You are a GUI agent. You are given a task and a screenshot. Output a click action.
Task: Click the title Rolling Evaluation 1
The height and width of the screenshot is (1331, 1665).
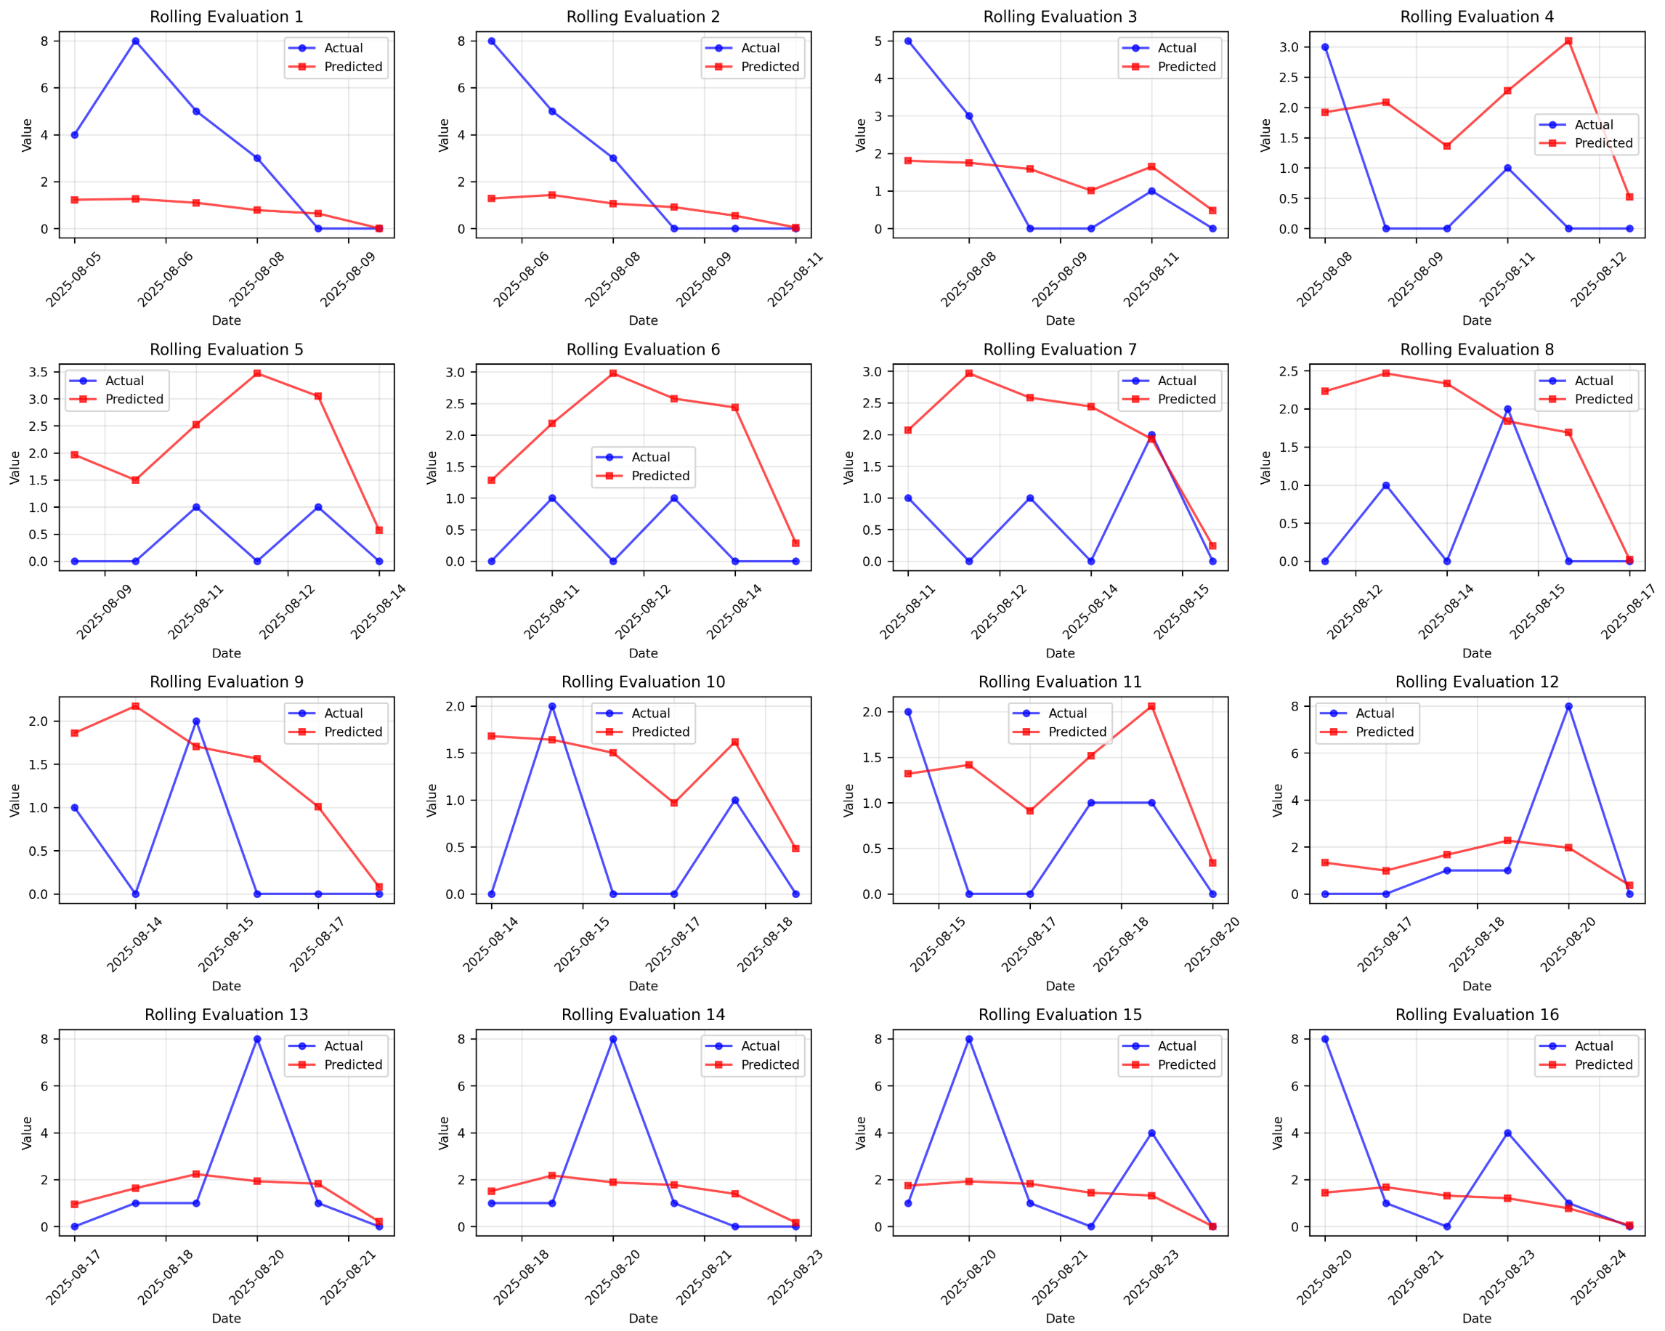point(226,17)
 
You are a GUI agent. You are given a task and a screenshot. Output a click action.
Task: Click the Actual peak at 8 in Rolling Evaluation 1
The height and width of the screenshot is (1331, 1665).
point(136,41)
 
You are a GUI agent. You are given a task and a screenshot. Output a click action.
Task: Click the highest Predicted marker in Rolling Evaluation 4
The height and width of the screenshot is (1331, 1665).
point(1568,41)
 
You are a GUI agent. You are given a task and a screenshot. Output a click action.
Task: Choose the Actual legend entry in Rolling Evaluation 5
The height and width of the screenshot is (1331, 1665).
point(124,381)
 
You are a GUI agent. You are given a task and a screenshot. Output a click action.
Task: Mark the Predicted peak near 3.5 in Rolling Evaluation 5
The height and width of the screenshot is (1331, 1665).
point(257,374)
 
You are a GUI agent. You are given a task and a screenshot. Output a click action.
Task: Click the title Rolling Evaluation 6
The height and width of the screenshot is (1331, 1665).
point(644,350)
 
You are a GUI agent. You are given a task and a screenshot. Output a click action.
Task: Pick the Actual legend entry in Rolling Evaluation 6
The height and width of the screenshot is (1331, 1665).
point(650,457)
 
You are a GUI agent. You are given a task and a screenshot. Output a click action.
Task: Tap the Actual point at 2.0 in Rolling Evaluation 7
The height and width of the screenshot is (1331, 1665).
point(1151,435)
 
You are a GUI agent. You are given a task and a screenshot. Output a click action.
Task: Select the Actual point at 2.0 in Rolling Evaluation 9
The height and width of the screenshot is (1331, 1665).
point(196,721)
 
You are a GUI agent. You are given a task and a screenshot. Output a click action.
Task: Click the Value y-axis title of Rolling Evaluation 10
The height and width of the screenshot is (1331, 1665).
point(432,801)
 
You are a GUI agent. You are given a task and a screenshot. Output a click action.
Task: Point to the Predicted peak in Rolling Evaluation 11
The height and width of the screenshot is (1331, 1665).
point(1151,707)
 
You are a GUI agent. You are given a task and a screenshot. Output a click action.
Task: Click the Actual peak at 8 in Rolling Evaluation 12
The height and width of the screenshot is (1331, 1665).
point(1568,707)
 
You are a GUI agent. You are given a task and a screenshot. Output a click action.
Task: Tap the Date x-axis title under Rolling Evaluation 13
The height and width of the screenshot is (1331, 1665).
point(226,1319)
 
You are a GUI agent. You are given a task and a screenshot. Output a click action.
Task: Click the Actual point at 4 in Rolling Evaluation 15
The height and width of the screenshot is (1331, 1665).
point(1151,1133)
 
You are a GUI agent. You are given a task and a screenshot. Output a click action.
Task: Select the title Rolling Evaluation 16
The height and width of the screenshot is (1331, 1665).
point(1477,1015)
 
